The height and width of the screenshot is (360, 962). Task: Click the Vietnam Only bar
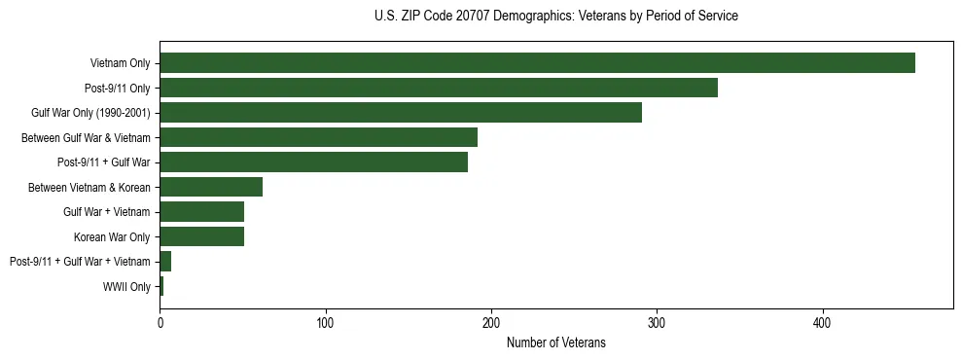537,63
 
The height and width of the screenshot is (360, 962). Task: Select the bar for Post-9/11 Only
439,88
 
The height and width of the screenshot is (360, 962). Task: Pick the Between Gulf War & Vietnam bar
318,137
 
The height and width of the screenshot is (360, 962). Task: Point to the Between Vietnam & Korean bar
211,187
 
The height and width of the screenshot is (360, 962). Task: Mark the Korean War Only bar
201,236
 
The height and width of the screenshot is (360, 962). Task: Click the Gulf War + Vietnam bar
201,212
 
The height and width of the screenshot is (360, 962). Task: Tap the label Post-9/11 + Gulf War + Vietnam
80,262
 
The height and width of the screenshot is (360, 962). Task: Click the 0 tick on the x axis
160,322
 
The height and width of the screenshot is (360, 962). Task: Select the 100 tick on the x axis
326,322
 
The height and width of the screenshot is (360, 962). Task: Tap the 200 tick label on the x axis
491,322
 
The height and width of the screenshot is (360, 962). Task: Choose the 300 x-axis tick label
658,322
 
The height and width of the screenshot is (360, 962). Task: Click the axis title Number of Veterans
555,342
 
